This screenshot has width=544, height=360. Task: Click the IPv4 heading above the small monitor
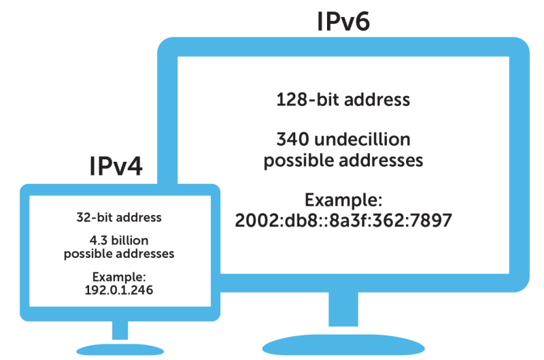116,166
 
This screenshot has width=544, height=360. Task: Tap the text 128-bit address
343,99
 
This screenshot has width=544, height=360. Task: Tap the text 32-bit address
119,218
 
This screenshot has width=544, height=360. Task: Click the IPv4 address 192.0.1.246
119,289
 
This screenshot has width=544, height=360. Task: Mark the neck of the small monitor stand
120,329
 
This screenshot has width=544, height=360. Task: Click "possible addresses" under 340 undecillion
343,161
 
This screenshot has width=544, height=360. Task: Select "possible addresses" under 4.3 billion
119,254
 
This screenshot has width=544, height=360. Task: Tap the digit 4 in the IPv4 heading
134,166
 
